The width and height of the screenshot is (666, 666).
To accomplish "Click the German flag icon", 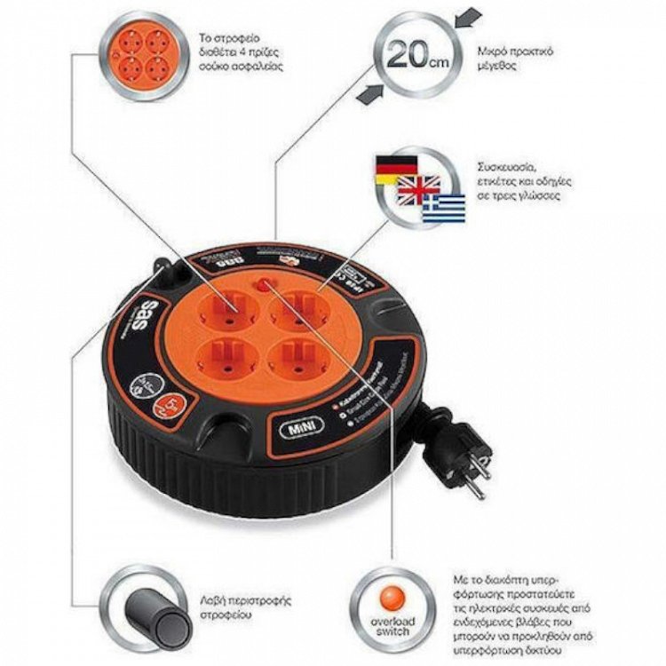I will [391, 168].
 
